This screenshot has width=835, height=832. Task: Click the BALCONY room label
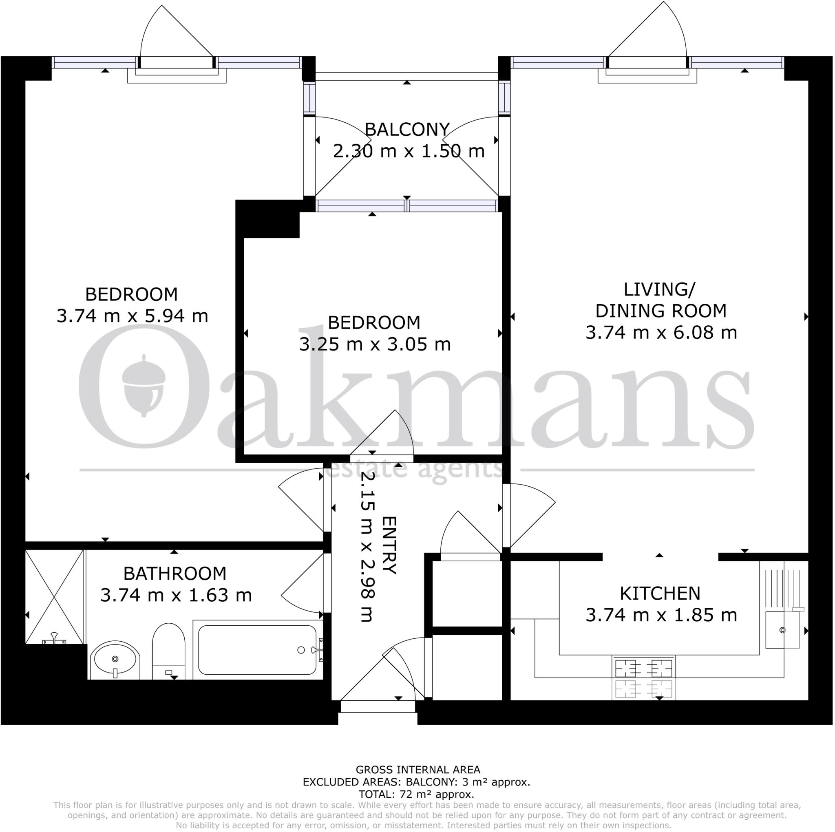click(407, 130)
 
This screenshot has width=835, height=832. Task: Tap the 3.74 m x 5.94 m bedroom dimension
click(132, 316)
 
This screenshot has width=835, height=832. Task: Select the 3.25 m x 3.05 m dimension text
click(375, 344)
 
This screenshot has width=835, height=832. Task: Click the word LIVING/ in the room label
click(659, 289)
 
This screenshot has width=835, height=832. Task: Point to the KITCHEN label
click(660, 594)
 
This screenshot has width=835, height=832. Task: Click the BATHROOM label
click(175, 574)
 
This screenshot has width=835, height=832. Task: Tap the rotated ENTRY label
click(389, 545)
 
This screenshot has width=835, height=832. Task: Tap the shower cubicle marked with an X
click(54, 597)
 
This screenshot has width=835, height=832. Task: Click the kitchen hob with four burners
click(643, 669)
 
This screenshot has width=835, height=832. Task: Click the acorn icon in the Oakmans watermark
click(144, 384)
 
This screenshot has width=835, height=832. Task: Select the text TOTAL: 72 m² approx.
click(416, 794)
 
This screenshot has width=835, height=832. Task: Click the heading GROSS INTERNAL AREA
click(417, 770)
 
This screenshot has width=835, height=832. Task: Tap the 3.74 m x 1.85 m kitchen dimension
click(661, 615)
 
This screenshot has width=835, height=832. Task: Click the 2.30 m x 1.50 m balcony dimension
click(409, 151)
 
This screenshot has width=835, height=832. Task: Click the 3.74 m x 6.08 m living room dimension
click(661, 332)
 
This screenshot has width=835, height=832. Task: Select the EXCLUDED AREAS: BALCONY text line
click(416, 782)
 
